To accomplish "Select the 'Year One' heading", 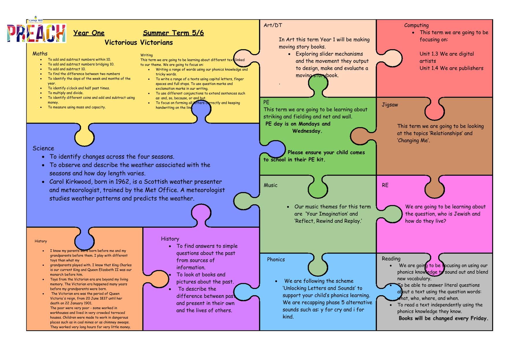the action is pyautogui.click(x=89, y=33).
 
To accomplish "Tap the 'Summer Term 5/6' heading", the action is pyautogui.click(x=173, y=33).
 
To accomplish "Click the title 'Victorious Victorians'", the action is pyautogui.click(x=139, y=42).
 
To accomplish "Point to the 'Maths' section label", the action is pyautogui.click(x=40, y=53).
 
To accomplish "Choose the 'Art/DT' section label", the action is pyautogui.click(x=273, y=25).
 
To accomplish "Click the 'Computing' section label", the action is pyautogui.click(x=416, y=25).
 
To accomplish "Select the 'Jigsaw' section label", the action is pyautogui.click(x=390, y=105).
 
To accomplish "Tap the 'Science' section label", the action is pyautogui.click(x=43, y=148).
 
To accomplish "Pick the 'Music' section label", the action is pyautogui.click(x=270, y=185).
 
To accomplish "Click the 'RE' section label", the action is pyautogui.click(x=385, y=185).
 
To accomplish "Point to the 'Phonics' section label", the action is pyautogui.click(x=276, y=259).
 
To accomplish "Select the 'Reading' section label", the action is pyautogui.click(x=391, y=259).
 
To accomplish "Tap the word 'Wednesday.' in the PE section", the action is pyautogui.click(x=307, y=131).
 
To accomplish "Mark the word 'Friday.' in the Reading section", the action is pyautogui.click(x=479, y=318).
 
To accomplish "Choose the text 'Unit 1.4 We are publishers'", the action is pyautogui.click(x=452, y=68).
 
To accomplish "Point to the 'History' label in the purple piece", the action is pyautogui.click(x=170, y=239).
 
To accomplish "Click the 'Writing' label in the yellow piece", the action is pyautogui.click(x=146, y=55).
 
